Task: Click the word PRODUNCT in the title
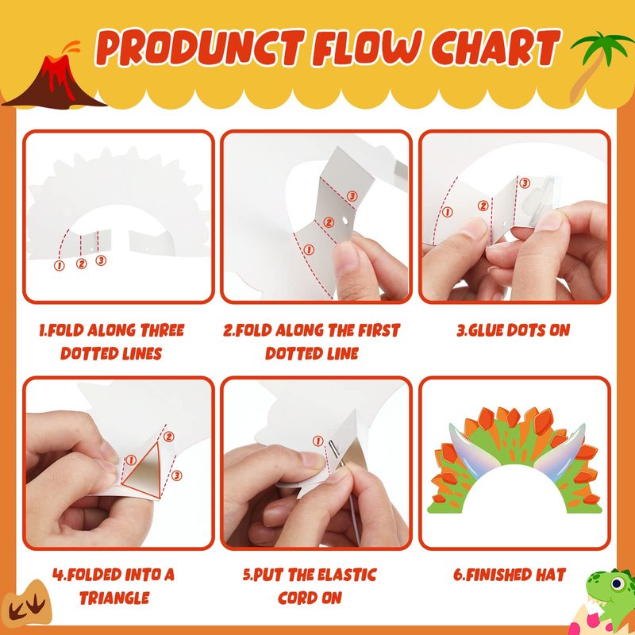coord(200,48)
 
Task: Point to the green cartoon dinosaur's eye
coord(617,583)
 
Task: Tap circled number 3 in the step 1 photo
coord(101,260)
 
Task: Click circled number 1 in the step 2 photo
coord(309,250)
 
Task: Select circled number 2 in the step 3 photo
coord(483,206)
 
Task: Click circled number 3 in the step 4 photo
coord(177,475)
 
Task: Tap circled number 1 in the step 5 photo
coord(317,441)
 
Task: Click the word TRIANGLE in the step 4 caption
coord(114,598)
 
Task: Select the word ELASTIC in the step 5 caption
coord(347,575)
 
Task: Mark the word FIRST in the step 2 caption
coord(379,330)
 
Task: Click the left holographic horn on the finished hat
coord(470,444)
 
